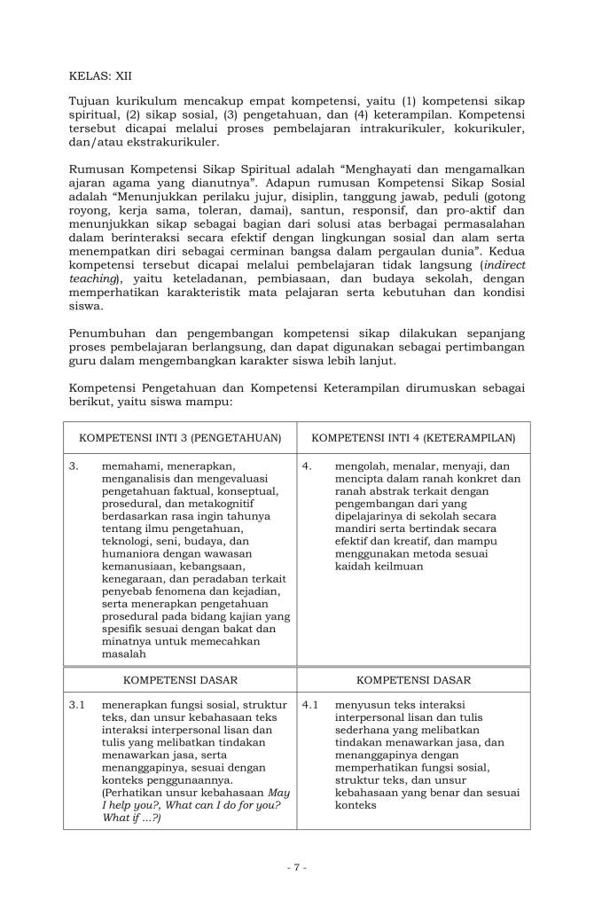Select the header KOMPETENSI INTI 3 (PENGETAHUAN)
(x=180, y=438)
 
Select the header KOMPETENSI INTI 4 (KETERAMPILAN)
(x=414, y=438)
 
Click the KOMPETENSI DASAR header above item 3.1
(x=180, y=680)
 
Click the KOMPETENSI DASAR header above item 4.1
(x=414, y=680)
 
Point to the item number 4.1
(x=310, y=706)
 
